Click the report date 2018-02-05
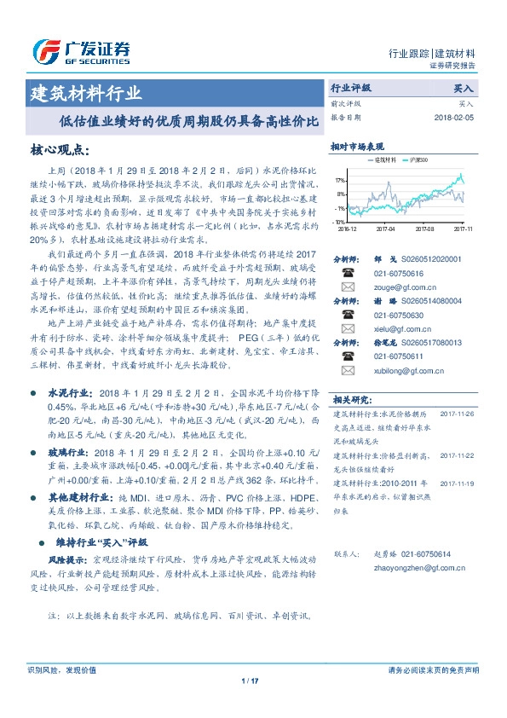click(454, 117)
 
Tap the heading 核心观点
click(60, 150)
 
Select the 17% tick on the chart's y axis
click(340, 182)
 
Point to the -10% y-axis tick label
click(339, 221)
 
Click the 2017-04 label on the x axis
click(385, 229)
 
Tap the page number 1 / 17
click(250, 680)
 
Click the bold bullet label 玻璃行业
click(69, 451)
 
